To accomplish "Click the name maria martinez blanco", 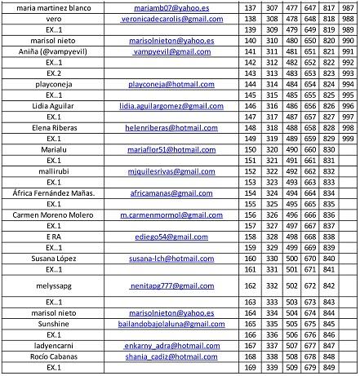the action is click(53, 7).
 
